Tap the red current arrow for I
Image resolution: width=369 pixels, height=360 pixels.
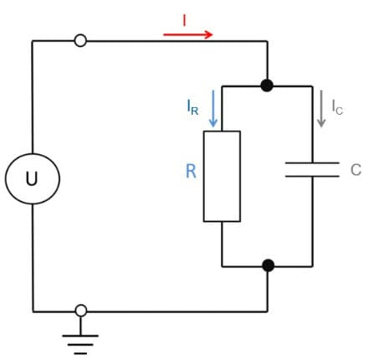click(188, 34)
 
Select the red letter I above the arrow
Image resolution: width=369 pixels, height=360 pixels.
click(184, 20)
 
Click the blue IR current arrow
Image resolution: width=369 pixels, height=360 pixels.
click(213, 108)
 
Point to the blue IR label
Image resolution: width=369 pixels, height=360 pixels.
click(192, 107)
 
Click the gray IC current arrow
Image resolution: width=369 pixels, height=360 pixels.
click(321, 109)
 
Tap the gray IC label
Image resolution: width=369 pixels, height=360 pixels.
click(337, 107)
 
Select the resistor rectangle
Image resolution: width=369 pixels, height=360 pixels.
click(203, 176)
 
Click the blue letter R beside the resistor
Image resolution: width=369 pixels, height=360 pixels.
click(191, 171)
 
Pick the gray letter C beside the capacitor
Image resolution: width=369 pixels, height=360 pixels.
click(356, 169)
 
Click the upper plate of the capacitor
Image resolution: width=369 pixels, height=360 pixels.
click(312, 162)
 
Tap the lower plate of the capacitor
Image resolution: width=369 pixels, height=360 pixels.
click(312, 176)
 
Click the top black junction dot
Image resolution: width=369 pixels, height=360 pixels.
click(267, 85)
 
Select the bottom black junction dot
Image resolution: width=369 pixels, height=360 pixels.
click(269, 265)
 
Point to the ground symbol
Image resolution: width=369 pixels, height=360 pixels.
click(80, 336)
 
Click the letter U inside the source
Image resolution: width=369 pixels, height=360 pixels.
click(32, 178)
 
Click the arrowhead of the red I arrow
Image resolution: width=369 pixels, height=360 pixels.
click(208, 34)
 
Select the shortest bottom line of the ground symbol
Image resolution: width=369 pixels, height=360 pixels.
click(80, 353)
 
